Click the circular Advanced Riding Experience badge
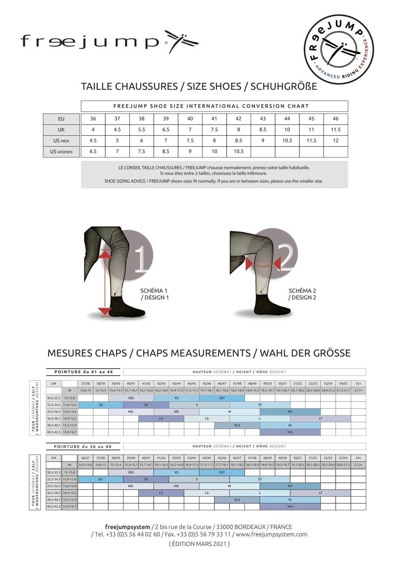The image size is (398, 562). click(x=339, y=49)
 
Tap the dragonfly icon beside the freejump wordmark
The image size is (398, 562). click(x=181, y=42)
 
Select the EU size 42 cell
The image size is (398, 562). click(x=238, y=119)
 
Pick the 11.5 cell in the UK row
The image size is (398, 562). click(x=335, y=130)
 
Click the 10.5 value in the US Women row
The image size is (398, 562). click(x=238, y=151)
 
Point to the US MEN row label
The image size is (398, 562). click(x=61, y=141)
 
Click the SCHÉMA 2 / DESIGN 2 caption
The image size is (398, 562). click(x=302, y=294)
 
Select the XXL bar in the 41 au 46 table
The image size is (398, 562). click(x=290, y=432)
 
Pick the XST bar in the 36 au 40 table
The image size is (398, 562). click(x=222, y=472)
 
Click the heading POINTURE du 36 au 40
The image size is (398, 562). click(x=83, y=447)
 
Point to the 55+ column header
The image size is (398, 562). click(x=358, y=383)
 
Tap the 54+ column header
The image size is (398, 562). click(x=358, y=458)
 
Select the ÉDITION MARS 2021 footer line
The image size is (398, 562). click(x=199, y=544)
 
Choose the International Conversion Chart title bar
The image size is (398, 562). click(x=214, y=106)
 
